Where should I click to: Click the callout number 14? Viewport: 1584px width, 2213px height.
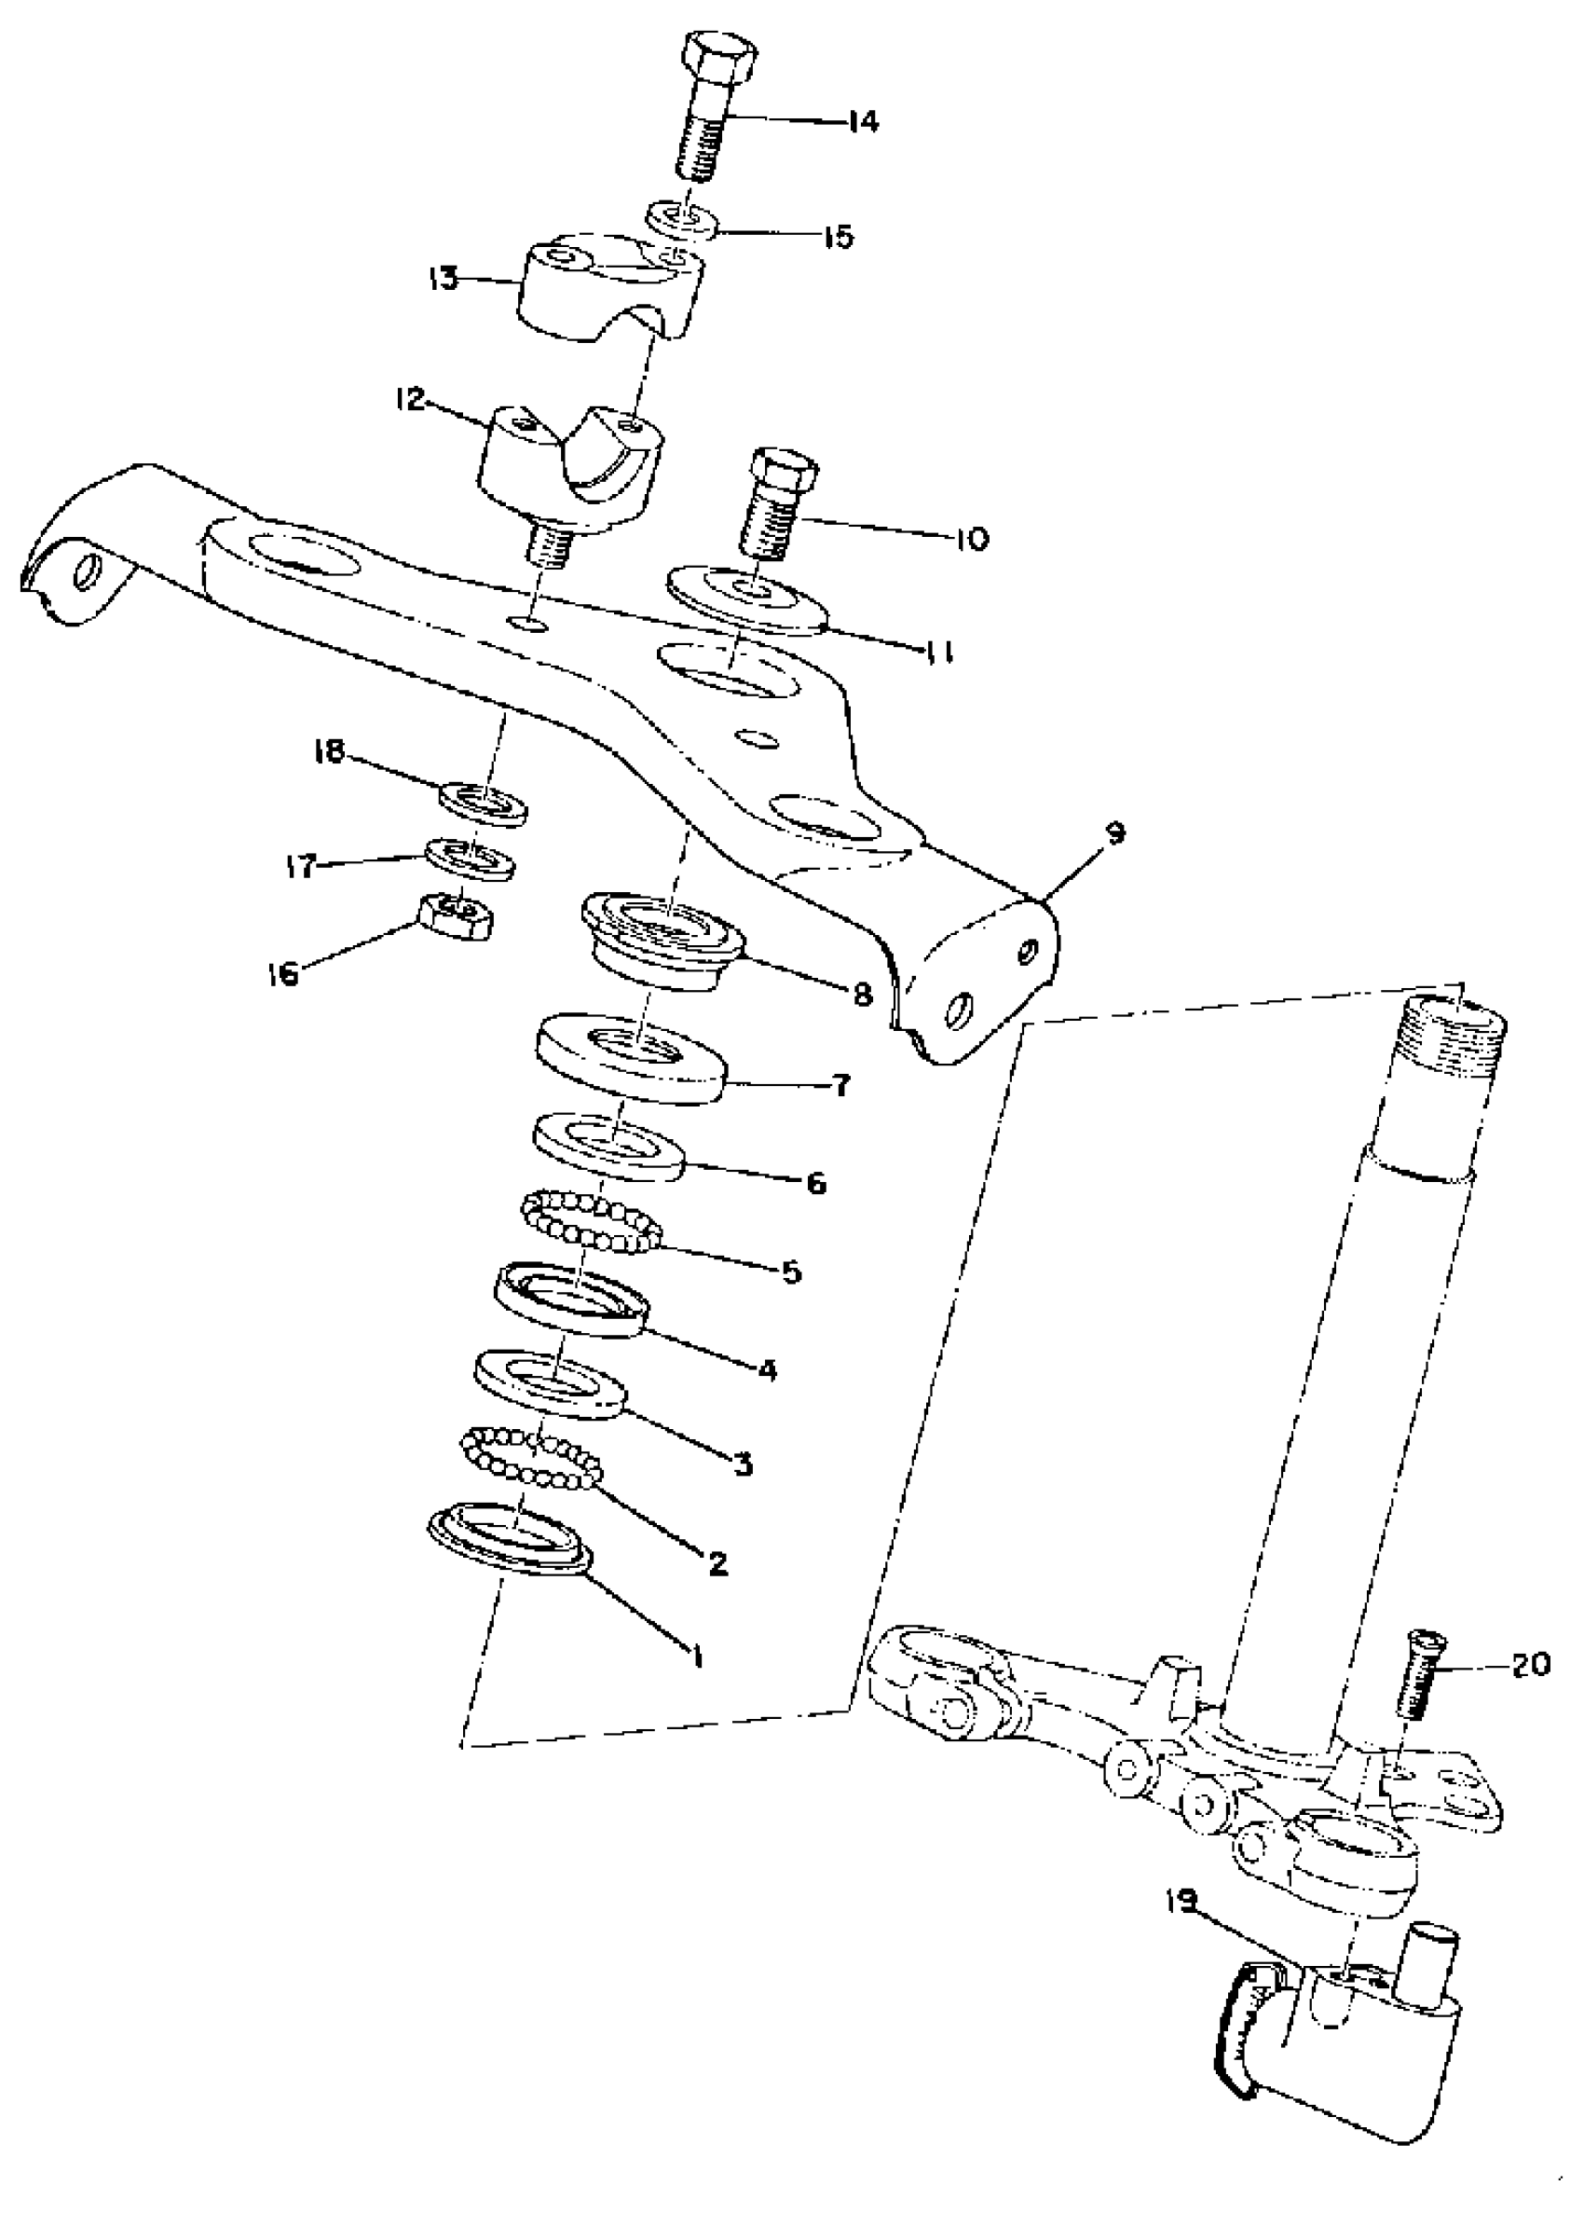[x=861, y=122]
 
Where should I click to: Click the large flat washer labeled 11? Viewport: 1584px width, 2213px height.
[x=747, y=599]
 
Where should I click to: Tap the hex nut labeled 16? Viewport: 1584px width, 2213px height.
[x=455, y=915]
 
